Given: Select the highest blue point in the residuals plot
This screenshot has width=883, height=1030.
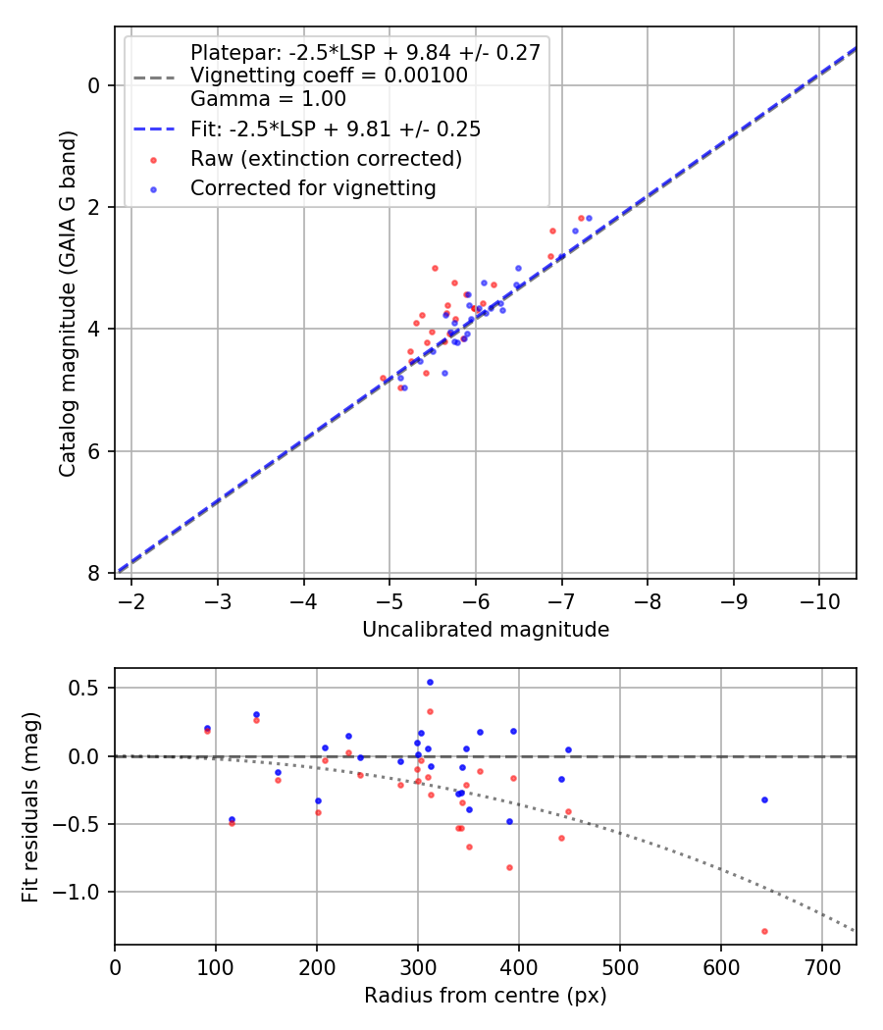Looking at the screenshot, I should pyautogui.click(x=430, y=682).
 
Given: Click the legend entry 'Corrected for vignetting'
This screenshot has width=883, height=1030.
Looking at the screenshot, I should pyautogui.click(x=313, y=187).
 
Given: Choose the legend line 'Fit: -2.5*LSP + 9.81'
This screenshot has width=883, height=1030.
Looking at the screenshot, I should pyautogui.click(x=335, y=129).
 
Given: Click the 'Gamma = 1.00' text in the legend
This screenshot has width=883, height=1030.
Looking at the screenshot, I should pyautogui.click(x=268, y=99).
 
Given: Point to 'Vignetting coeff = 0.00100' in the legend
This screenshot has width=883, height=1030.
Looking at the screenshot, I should pyautogui.click(x=329, y=76).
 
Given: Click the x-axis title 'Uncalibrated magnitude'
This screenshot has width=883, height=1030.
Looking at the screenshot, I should pyautogui.click(x=486, y=630).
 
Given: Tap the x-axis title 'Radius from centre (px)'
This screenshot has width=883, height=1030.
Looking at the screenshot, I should pyautogui.click(x=486, y=996).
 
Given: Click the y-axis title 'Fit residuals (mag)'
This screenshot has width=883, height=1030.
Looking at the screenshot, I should pyautogui.click(x=30, y=806).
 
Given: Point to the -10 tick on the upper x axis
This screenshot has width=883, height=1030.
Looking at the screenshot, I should pyautogui.click(x=818, y=599).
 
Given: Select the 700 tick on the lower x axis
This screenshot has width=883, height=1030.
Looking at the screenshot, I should pyautogui.click(x=822, y=964).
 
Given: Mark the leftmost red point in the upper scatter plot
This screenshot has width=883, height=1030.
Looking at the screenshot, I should pyautogui.click(x=384, y=378).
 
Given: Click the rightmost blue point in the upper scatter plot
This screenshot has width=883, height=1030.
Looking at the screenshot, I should pyautogui.click(x=589, y=218).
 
